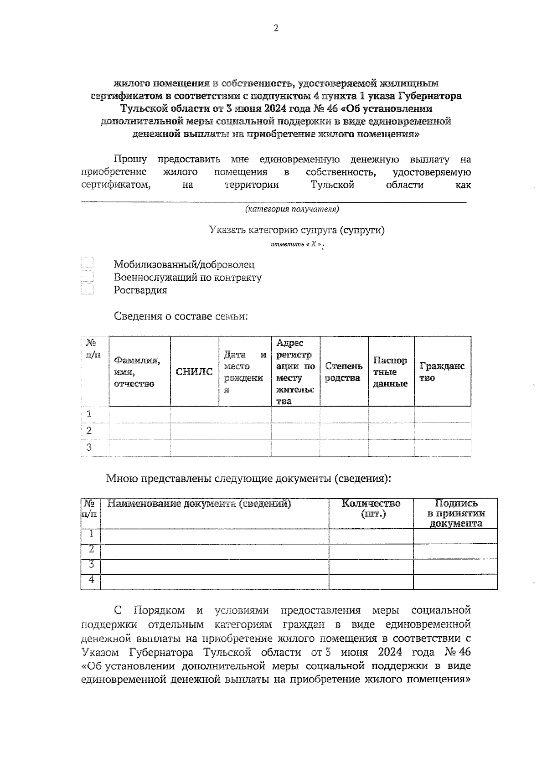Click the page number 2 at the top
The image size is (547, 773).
[275, 29]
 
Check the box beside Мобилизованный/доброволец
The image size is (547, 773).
[87, 263]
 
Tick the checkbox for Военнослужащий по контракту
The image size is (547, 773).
[87, 277]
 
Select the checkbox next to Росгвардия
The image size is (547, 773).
[87, 290]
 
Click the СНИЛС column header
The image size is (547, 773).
[194, 372]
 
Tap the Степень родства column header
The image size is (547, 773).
[344, 372]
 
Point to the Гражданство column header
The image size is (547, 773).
[442, 372]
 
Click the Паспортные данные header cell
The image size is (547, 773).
[391, 372]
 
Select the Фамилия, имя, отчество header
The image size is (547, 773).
[137, 372]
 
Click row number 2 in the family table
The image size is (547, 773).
[89, 431]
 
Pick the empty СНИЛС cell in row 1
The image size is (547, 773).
[194, 414]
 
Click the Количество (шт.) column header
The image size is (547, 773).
[371, 509]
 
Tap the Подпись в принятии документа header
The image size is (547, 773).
[455, 513]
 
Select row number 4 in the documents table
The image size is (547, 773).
[91, 579]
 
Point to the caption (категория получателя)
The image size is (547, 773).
[292, 209]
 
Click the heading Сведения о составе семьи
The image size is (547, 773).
[181, 316]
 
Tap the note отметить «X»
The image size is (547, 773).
[297, 245]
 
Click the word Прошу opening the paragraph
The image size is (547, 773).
[130, 160]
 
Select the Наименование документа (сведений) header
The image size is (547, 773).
[199, 504]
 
